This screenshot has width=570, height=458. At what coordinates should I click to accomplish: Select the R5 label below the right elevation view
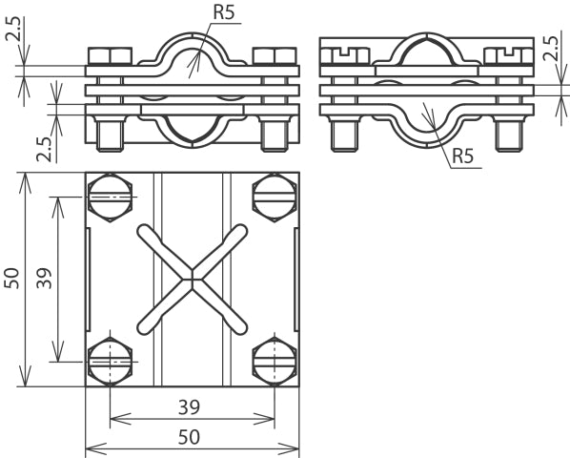pos(462,156)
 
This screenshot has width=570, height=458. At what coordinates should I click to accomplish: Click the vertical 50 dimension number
pos(12,278)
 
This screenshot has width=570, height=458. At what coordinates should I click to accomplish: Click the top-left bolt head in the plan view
pos(108,198)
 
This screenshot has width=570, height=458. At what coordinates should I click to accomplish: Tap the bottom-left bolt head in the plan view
pos(108,361)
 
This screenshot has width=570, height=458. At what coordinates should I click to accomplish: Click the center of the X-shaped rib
pos(192,279)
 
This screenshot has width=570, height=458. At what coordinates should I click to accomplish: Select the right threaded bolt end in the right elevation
pos(508,136)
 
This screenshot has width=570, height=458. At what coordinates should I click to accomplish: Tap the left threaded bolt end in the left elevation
pos(108,135)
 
